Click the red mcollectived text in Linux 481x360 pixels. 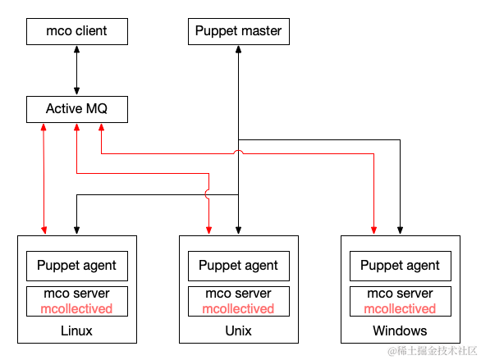tap(76, 308)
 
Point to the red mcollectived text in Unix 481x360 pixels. tap(238, 308)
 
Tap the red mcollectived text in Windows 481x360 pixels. tap(400, 308)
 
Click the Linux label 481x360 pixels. tap(76, 331)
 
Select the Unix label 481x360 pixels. tap(238, 331)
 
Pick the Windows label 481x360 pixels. tap(400, 331)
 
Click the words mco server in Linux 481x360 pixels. tap(76, 294)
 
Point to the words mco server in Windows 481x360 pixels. tap(400, 294)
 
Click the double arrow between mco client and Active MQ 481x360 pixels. tap(76, 71)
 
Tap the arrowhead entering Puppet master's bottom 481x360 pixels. tap(238, 49)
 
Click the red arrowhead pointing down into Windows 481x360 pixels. tap(373, 230)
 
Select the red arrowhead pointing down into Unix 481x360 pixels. tap(209, 230)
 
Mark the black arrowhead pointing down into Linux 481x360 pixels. tap(76, 230)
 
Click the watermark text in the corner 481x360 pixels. tap(433, 351)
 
